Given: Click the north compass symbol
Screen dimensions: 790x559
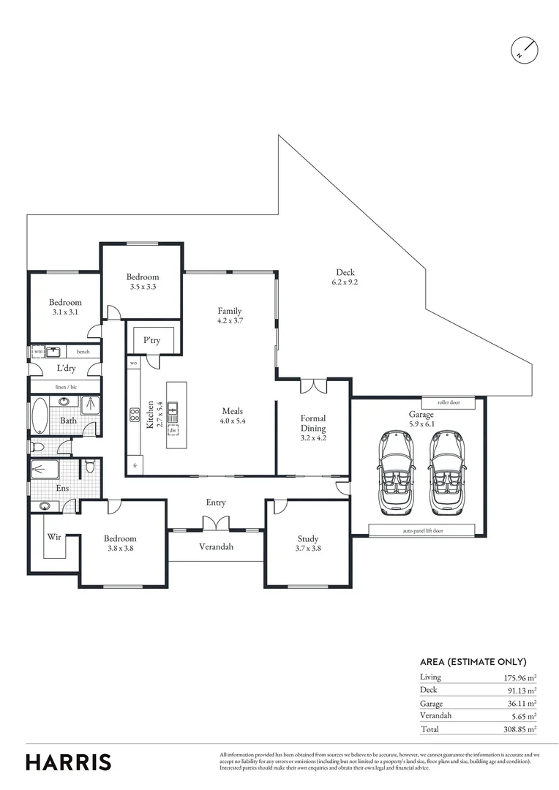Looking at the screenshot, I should coord(524,50).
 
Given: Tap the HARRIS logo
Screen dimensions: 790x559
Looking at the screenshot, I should coord(69,761).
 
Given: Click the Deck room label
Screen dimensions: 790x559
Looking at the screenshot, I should coord(345,277).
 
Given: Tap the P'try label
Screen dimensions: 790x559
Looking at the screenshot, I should coord(151,340).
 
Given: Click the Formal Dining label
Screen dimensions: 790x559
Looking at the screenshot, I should coord(312,424).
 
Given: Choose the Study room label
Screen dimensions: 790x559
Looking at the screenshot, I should coord(308,543).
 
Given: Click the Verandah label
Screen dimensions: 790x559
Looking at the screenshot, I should coord(216,546).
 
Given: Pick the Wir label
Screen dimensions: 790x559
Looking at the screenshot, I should coord(54,537).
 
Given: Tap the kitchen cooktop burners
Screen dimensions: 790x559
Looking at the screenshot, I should coord(135,415).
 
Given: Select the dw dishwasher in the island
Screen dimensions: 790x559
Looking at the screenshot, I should coord(173,430).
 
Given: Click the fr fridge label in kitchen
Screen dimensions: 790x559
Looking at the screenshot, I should coord(135,466).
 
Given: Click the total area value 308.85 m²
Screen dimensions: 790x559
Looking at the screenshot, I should coord(520,729).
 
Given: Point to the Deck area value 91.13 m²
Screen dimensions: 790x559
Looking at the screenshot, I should coord(520,690).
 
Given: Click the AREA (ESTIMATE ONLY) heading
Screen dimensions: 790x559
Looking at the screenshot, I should coord(473,661).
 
